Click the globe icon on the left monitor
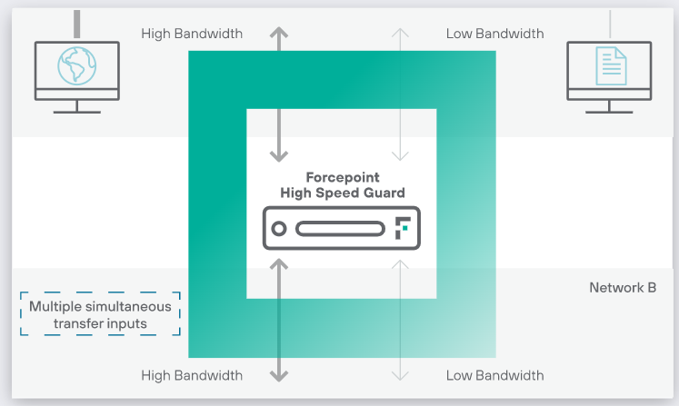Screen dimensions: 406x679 (76, 64)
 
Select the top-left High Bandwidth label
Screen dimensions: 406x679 (192, 34)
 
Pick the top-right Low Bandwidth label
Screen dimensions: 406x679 (494, 34)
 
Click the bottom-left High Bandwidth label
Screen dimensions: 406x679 (192, 375)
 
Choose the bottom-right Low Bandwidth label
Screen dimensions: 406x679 (494, 375)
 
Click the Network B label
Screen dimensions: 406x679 (623, 288)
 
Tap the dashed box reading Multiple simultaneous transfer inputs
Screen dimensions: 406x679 (100, 314)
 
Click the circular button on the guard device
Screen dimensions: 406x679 (279, 229)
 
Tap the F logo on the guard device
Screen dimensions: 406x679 (403, 229)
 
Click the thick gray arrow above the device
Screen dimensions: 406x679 (280, 91)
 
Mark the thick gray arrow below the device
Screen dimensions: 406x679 (280, 318)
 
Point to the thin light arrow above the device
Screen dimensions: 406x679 (397, 91)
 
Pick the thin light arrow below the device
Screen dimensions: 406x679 (397, 318)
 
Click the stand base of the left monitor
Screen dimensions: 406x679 (76, 111)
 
